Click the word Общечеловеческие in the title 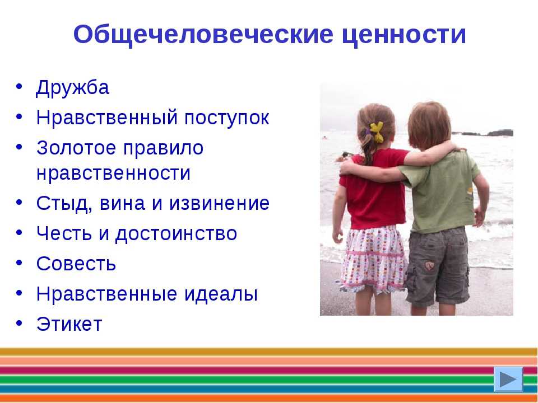click(203, 35)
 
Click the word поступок click(226, 118)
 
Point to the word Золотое click(76, 148)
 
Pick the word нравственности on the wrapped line click(114, 173)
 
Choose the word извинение click(219, 203)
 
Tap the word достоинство click(176, 235)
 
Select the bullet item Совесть click(76, 264)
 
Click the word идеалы click(221, 294)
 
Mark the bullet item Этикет click(69, 324)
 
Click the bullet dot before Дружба click(19, 86)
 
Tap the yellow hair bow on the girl click(376, 132)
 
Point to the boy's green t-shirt click(443, 192)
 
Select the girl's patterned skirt click(373, 259)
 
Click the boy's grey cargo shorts click(438, 265)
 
